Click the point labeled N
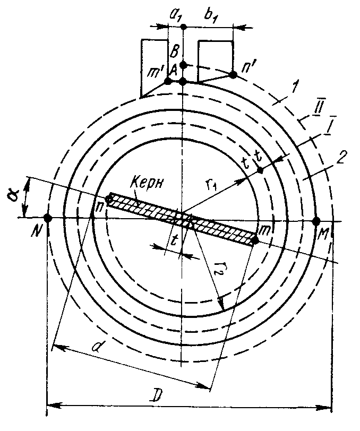point(48,218)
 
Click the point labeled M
point(316,221)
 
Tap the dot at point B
point(183,65)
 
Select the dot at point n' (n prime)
point(233,75)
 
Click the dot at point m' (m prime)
point(168,81)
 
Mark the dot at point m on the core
point(255,240)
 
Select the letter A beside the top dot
point(173,69)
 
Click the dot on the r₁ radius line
point(260,170)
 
